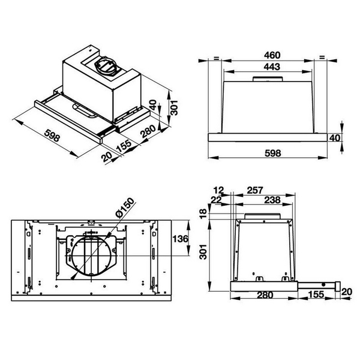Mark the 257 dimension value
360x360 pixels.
(255, 190)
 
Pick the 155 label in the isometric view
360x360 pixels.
(122, 145)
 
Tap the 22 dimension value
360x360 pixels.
(215, 200)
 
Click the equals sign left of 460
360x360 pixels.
(214, 58)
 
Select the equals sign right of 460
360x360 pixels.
(322, 58)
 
